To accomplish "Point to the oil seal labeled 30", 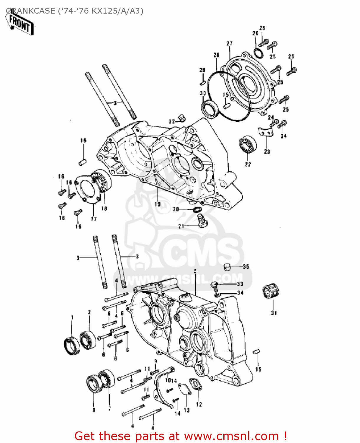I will [x=210, y=108].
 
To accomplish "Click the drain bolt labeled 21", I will [x=202, y=221].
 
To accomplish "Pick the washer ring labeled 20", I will [x=197, y=209].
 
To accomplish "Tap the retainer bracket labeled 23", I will [x=266, y=132].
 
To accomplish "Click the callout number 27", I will [x=230, y=43].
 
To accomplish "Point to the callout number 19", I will [x=158, y=204].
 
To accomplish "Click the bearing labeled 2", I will [x=88, y=339].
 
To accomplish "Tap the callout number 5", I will [x=195, y=271].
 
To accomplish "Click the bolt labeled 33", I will [x=215, y=285].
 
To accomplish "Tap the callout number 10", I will [x=168, y=380].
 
